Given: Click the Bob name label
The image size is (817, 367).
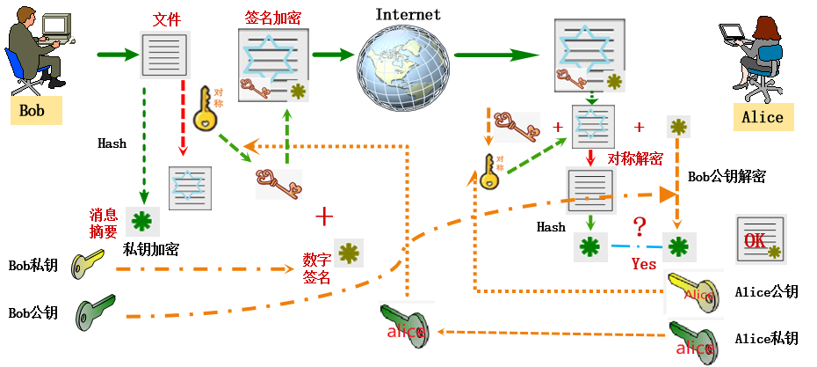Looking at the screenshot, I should point(33,112).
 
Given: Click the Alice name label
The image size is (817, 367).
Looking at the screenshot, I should point(762,118).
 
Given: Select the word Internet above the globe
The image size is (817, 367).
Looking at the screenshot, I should point(408,14).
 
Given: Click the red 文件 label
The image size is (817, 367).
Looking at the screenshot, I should point(167,19).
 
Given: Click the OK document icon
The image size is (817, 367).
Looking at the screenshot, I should point(759,240).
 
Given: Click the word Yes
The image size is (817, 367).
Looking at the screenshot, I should point(644,263).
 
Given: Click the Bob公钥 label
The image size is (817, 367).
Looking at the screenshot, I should point(33,312).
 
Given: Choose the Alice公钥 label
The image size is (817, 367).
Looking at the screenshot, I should point(765,292).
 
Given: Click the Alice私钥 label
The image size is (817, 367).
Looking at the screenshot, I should point(765,338).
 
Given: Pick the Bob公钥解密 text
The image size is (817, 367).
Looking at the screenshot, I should point(727,177).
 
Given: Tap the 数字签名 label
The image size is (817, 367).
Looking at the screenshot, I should point(317,269).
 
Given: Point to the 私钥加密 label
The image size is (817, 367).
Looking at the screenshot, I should point(151,249).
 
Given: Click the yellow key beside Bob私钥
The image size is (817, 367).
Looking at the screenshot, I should point(88,262).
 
